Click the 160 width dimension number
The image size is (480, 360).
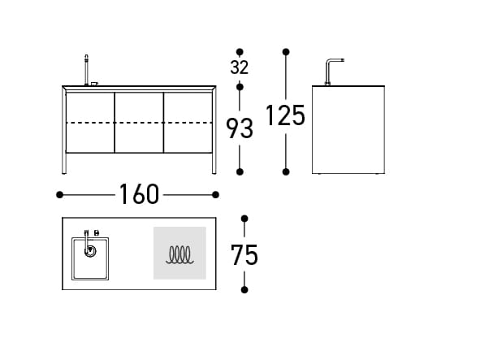[139, 194]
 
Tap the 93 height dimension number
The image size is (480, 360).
[240, 128]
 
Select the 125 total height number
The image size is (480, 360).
[285, 115]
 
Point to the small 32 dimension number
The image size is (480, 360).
[240, 67]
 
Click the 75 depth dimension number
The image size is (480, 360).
[244, 255]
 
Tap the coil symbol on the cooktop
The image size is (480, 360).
[179, 255]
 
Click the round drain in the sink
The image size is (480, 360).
[90, 252]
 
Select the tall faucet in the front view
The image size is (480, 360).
[87, 70]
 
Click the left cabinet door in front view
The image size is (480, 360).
[90, 123]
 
